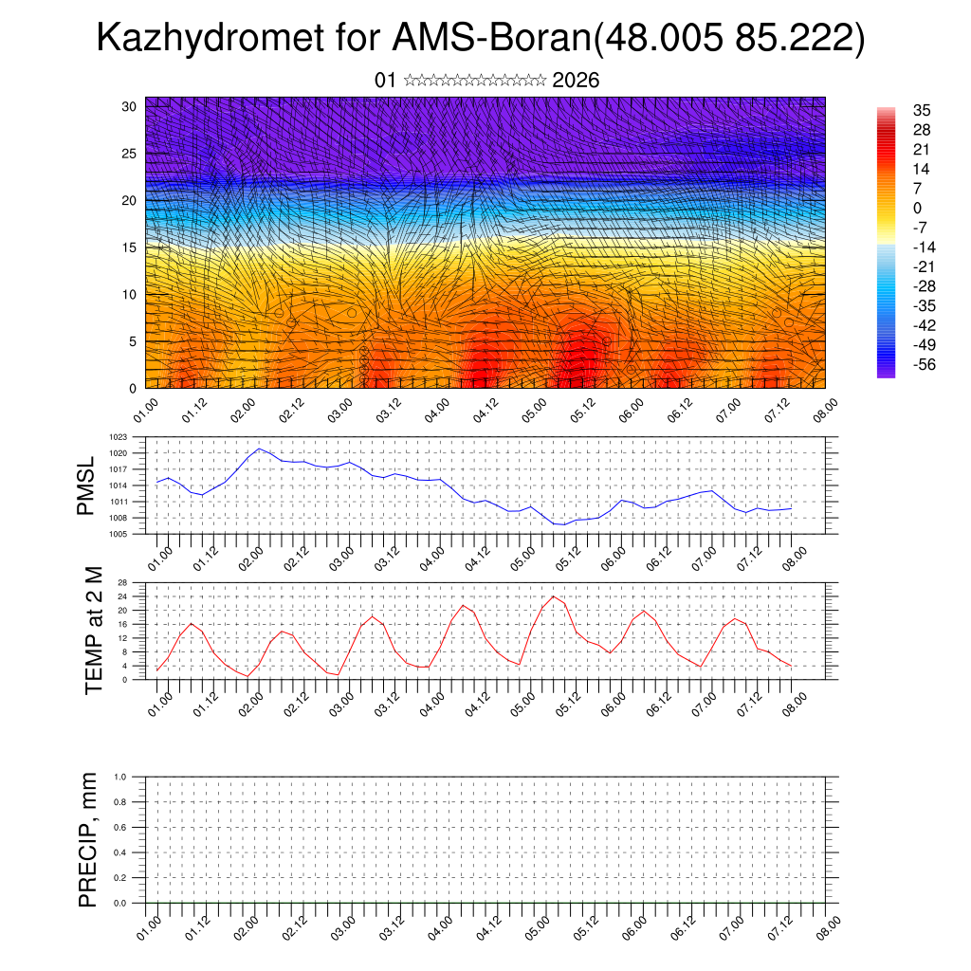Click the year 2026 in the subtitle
pos(576,81)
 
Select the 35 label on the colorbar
pos(920,110)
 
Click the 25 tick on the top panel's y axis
pos(131,153)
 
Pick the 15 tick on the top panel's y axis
pos(131,247)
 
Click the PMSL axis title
pos(87,485)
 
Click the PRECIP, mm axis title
pos(88,839)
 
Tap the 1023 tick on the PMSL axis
pos(118,437)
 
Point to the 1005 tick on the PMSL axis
pos(118,534)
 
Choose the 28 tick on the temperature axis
pos(122,582)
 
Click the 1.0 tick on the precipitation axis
pos(120,777)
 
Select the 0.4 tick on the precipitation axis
pos(120,852)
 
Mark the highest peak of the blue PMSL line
pos(259,449)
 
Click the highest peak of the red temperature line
pos(555,596)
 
